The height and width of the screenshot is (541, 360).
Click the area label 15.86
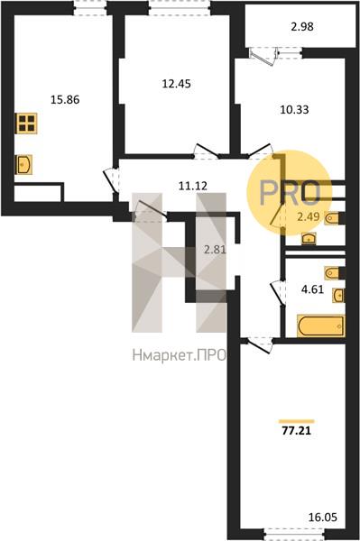click(65, 100)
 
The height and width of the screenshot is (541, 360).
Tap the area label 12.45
click(176, 84)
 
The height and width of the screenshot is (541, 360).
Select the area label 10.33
click(294, 110)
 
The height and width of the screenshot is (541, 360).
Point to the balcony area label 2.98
click(302, 26)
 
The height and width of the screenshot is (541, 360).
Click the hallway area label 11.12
click(193, 187)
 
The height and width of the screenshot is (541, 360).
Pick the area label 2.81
click(215, 249)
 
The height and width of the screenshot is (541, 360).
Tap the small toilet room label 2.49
click(309, 217)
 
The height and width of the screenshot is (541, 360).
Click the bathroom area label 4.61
click(313, 289)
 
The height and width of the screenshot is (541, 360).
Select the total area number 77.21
click(297, 431)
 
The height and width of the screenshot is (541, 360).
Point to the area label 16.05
click(322, 518)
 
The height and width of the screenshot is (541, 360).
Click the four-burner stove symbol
click(26, 124)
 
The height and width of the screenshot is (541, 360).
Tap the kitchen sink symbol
click(23, 165)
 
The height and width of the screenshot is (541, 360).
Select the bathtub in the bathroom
click(320, 326)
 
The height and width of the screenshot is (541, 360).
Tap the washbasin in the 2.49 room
click(309, 238)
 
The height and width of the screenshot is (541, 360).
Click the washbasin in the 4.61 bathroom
click(338, 296)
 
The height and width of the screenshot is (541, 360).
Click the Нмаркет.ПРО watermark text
click(180, 354)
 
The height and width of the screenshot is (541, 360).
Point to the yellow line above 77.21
click(297, 421)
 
